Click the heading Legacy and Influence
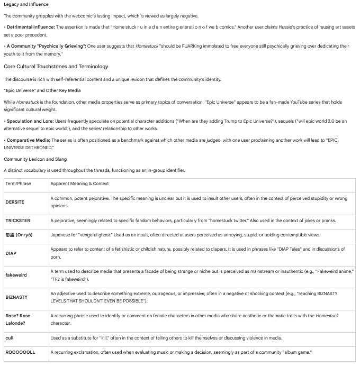point(26,5)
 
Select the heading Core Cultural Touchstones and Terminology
point(56,67)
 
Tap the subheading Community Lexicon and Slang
point(35,159)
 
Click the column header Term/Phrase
point(18,183)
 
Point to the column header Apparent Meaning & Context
point(79,183)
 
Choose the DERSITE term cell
point(15,202)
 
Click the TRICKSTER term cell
point(18,221)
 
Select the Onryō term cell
point(19,235)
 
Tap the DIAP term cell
point(11,253)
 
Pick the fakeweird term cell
point(16,275)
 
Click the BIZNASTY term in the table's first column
point(17,297)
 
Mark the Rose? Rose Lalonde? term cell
point(18,319)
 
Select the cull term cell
point(10,338)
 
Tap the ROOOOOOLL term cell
point(20,352)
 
